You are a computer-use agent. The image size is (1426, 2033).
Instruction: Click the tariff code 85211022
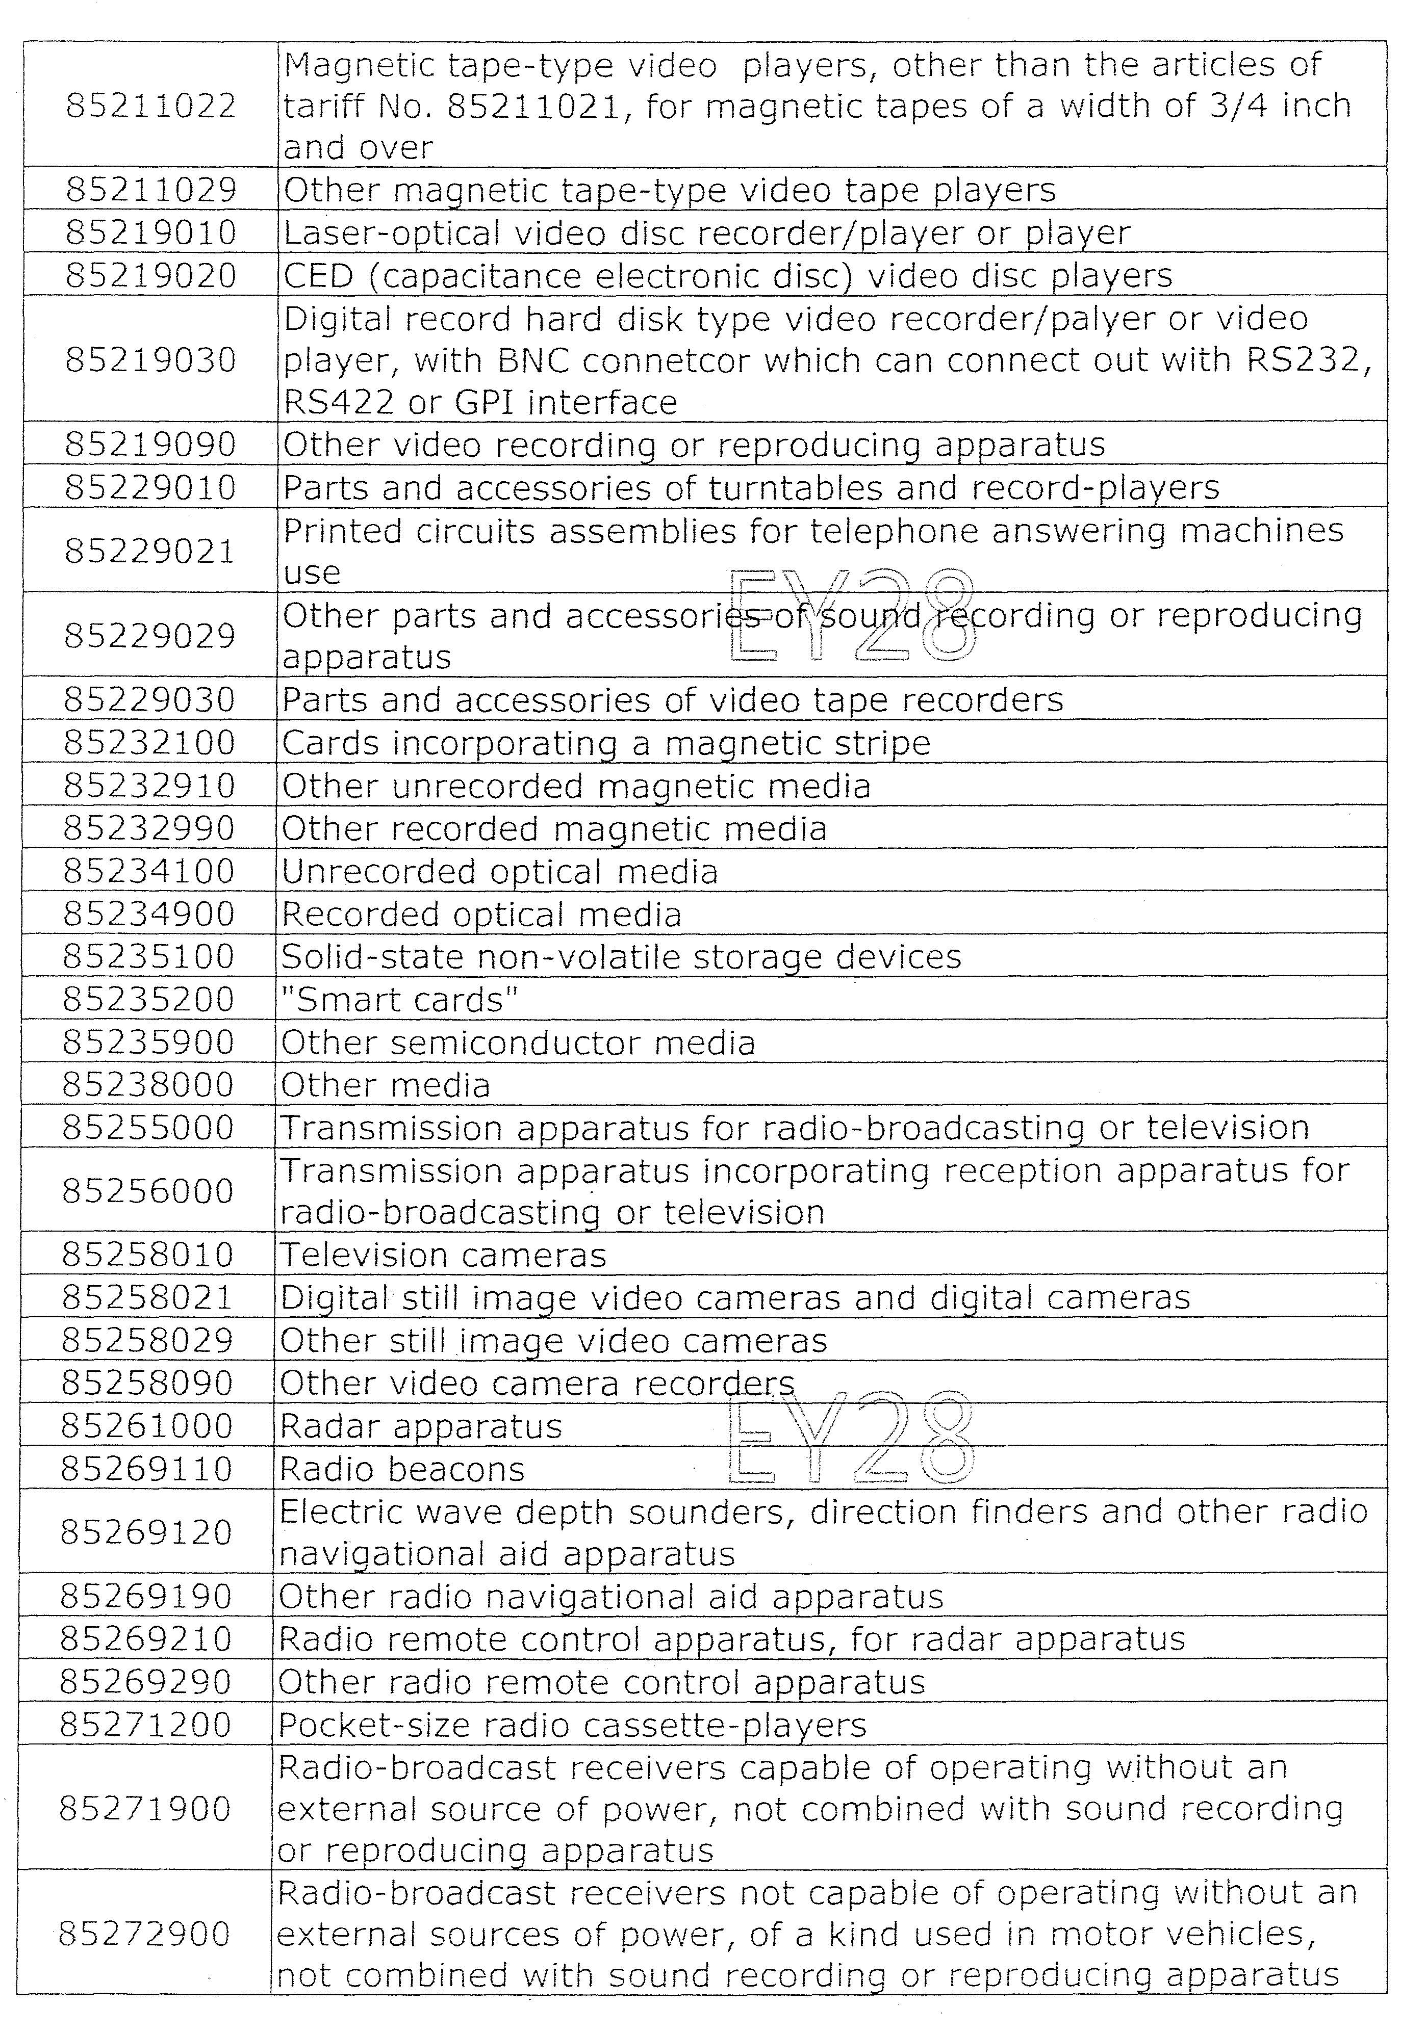tap(150, 106)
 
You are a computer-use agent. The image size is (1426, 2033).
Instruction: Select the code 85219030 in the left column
tap(150, 360)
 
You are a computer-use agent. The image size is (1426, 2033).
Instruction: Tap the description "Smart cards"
tap(398, 1000)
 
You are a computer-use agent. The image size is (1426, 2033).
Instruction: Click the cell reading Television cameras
tap(443, 1256)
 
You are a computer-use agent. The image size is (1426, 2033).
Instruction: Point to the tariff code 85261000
tap(147, 1426)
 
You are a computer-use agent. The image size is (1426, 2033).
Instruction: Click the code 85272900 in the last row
tap(144, 1934)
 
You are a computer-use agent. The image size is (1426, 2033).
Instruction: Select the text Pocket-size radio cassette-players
tap(572, 1726)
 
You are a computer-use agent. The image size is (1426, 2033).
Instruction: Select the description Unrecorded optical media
tap(499, 872)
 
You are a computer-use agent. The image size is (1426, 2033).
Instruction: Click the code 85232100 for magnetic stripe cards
tap(149, 743)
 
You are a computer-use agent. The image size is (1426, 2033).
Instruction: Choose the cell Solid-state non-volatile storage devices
tap(621, 957)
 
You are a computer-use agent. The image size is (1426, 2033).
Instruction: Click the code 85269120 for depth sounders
tap(146, 1533)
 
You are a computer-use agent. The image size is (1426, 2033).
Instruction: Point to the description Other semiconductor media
tap(518, 1043)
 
